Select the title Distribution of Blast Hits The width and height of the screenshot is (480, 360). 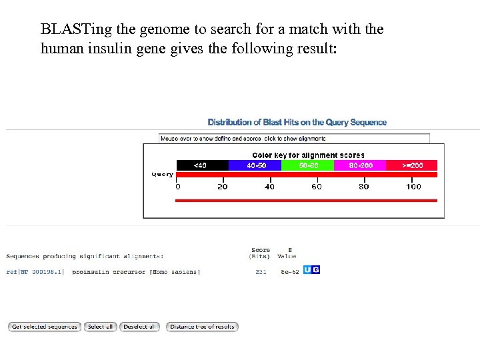297,122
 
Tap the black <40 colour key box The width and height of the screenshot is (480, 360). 202,165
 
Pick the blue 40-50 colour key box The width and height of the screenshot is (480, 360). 256,165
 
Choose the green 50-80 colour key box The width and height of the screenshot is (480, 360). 309,165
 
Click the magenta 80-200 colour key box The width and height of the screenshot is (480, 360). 361,165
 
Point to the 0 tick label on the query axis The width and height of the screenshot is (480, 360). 177,187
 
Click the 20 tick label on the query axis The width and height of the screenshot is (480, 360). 223,187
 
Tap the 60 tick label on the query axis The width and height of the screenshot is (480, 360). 317,187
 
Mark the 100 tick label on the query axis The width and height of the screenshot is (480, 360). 413,187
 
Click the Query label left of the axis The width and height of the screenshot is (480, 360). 163,175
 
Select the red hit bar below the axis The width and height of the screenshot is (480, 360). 306,200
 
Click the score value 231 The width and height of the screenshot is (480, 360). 261,272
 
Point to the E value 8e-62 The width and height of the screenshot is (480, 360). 289,272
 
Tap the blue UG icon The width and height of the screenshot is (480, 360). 311,270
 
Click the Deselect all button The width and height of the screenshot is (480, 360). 140,327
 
